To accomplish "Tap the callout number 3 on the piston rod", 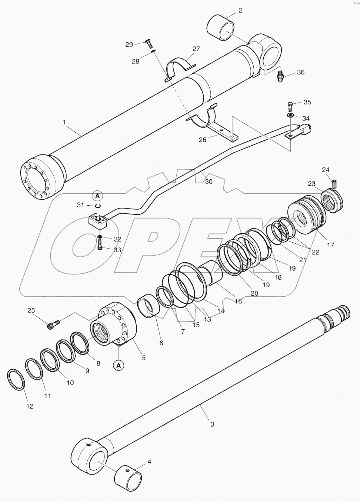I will coord(212,424).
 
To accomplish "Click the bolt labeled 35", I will coord(291,108).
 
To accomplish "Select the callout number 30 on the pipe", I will coord(209,182).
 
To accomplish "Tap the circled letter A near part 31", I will coord(97,195).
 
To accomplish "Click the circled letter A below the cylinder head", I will coord(118,365).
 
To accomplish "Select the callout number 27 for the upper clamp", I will coord(196,49).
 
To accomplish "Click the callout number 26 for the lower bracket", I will coord(203,140).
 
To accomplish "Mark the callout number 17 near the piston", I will coord(330,245).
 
